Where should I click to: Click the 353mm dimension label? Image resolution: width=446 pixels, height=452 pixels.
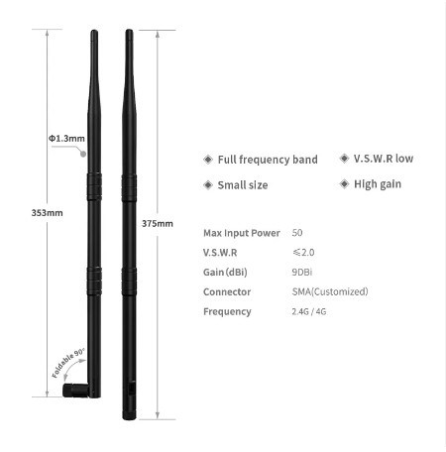tap(47, 213)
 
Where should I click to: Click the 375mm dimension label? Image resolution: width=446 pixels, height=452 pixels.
tap(158, 224)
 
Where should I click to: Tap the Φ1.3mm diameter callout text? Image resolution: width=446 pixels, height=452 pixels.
tap(66, 138)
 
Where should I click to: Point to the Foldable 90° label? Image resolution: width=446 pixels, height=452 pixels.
tap(68, 363)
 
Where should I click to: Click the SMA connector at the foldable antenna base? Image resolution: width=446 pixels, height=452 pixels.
tap(75, 391)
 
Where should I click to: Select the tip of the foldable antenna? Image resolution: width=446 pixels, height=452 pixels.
tap(94, 31)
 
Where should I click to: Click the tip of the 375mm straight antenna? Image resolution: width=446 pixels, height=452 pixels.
tap(129, 31)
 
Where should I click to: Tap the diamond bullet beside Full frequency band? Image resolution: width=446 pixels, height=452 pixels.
tap(208, 160)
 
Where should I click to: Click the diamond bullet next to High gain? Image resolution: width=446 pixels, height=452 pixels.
tap(344, 183)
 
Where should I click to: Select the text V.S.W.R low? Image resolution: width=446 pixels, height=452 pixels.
tap(384, 159)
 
